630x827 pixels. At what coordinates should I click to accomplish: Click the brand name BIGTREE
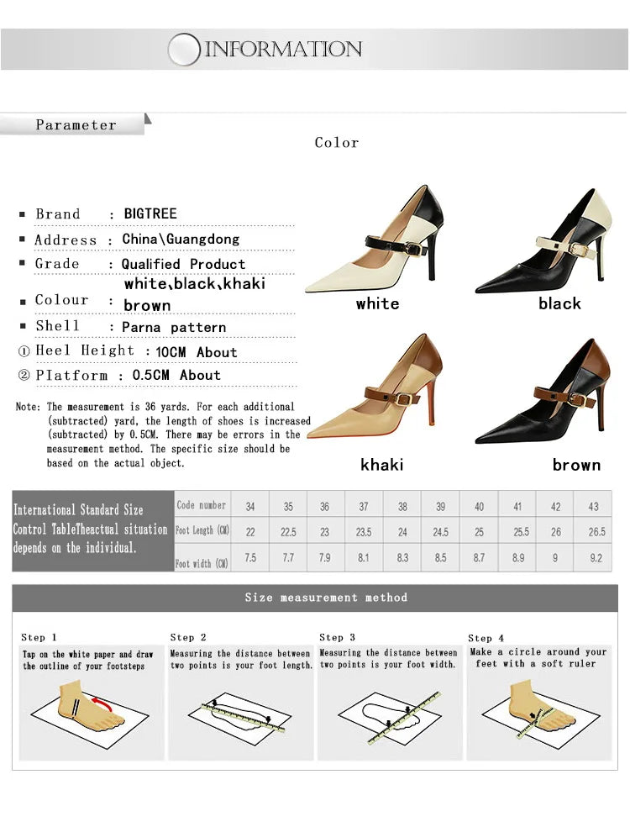[150, 213]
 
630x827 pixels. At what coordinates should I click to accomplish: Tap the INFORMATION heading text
[284, 49]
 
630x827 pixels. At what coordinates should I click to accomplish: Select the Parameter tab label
[76, 125]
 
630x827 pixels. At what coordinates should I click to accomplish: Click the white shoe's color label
[377, 303]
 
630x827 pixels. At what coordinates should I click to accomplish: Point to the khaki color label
[381, 465]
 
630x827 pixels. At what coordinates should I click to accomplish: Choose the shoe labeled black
[544, 244]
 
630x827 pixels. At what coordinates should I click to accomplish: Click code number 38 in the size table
[402, 507]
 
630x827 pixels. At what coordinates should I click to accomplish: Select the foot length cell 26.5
[596, 532]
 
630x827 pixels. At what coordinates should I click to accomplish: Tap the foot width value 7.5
[250, 558]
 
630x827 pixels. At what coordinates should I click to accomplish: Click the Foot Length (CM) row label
[202, 531]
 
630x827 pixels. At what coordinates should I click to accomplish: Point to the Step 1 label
[39, 638]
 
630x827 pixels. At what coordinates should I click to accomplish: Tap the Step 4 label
[486, 639]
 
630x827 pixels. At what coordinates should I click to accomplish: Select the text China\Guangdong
[181, 239]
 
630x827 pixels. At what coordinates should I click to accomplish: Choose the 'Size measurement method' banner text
[326, 598]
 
